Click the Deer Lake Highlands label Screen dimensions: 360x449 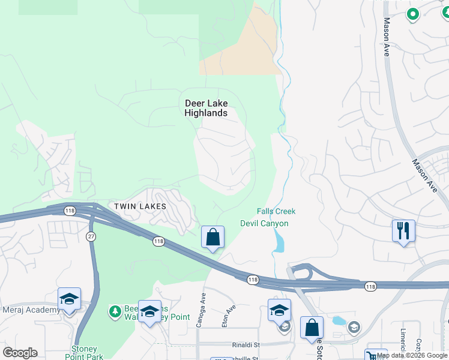coord(206,108)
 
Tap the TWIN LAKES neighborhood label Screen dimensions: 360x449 coord(139,206)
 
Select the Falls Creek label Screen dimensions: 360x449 coord(276,211)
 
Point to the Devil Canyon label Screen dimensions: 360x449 coord(264,224)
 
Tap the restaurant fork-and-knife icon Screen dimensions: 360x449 coord(403,230)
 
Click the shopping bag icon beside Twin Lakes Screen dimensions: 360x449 coord(212,237)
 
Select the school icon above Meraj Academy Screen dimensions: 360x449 coord(69,299)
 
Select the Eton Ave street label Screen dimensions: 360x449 coord(228,314)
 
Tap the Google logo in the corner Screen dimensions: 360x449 coord(20,353)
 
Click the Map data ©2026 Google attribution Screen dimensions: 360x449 coord(412,355)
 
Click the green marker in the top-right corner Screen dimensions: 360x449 coord(412,13)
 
